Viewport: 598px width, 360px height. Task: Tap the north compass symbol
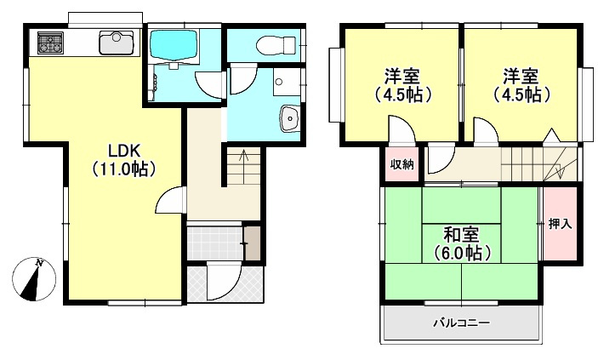click(35, 279)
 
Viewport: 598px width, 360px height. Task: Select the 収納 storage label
click(402, 164)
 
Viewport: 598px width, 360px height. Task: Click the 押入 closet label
click(559, 224)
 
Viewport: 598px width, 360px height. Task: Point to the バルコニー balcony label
click(461, 323)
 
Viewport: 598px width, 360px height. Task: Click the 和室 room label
click(460, 234)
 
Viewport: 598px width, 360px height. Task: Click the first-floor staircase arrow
click(243, 158)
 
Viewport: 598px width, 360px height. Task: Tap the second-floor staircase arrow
click(559, 167)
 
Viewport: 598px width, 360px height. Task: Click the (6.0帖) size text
click(460, 253)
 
